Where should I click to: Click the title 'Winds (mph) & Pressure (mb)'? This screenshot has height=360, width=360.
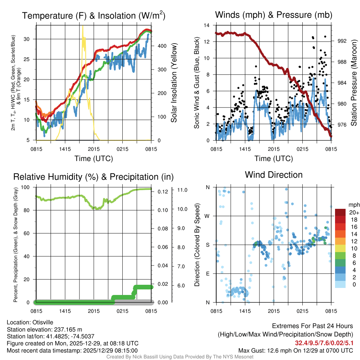(x=274, y=15)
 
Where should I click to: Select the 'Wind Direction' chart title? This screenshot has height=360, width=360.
(x=274, y=175)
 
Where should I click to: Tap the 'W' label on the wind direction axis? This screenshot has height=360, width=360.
(x=207, y=216)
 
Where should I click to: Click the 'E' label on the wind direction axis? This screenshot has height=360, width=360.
(x=208, y=274)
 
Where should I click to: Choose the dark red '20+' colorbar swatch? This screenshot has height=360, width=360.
(x=340, y=212)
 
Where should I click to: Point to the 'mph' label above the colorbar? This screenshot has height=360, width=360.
(x=353, y=205)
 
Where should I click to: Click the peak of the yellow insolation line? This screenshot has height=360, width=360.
(x=83, y=26)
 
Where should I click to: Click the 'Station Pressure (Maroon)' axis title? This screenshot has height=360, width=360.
(x=354, y=83)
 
